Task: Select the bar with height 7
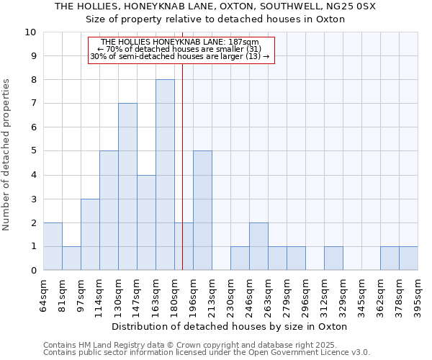coord(127,186)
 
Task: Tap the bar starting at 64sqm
coord(53,246)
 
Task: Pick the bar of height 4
coord(146,222)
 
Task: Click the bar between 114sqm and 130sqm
coord(109,210)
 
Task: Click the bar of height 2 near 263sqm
coord(258,246)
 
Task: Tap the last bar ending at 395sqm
coord(408,258)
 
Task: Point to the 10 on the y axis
coord(30,32)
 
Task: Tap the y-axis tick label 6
coord(33,127)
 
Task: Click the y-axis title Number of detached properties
coord(7,155)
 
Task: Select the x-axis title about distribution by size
coord(230,326)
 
